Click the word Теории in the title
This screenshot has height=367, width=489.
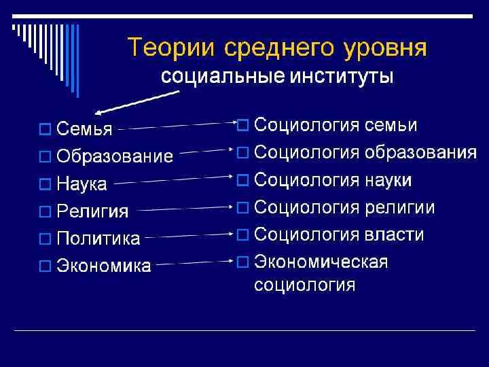click(x=169, y=48)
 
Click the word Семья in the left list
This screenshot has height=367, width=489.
click(x=84, y=128)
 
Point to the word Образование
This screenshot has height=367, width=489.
click(x=115, y=156)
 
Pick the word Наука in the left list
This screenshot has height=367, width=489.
click(x=82, y=183)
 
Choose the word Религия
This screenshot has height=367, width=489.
click(x=92, y=211)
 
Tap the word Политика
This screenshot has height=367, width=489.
click(x=98, y=239)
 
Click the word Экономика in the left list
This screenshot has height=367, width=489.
click(x=104, y=266)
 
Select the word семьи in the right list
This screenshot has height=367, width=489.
click(x=391, y=126)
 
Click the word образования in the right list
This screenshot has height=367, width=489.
click(x=420, y=153)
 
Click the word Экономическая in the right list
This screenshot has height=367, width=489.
click(x=321, y=262)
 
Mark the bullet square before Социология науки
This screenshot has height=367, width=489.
click(x=242, y=180)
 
